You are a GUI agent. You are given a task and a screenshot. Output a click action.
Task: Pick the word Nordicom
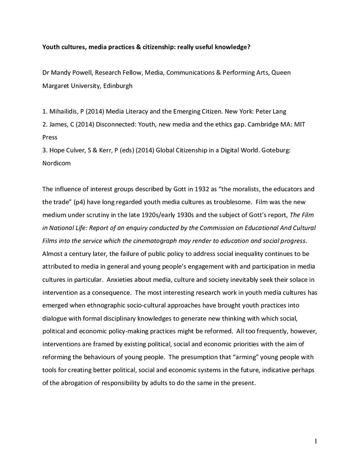click(x=58, y=164)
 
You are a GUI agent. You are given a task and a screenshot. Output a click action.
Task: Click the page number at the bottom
click(x=315, y=441)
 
